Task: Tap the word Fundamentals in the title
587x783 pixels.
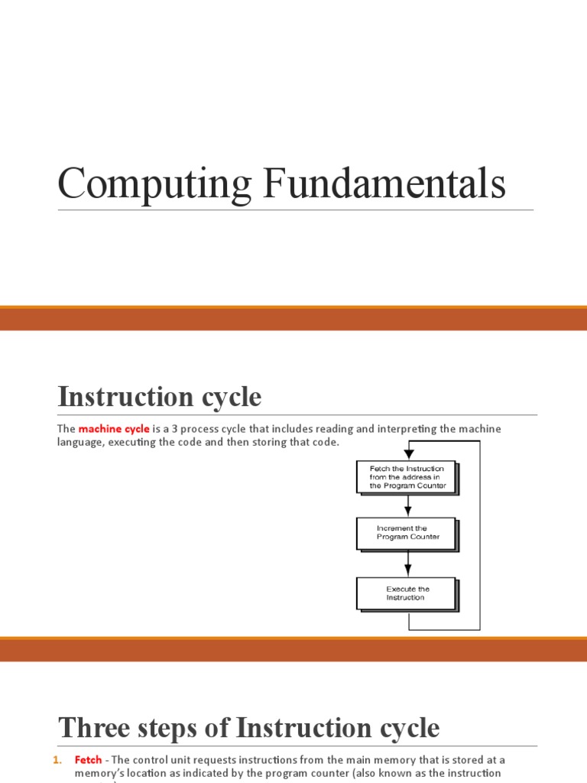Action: [x=384, y=184]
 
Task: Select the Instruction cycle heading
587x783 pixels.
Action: [x=160, y=397]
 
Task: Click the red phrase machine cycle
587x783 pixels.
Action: [x=114, y=429]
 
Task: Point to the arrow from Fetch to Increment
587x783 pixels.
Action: [x=408, y=505]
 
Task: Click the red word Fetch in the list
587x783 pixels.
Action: [x=88, y=760]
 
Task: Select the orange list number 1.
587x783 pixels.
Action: [x=57, y=760]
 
